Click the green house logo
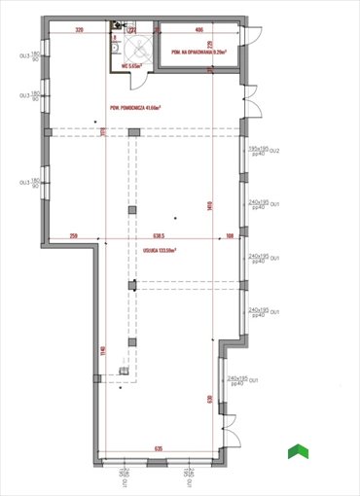(298, 451)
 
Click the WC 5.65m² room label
(133, 66)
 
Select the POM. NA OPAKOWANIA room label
(198, 53)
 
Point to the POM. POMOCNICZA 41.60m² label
(137, 107)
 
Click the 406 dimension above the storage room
(198, 30)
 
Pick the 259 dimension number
(73, 236)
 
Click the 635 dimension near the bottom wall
(158, 449)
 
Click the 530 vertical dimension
(208, 399)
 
